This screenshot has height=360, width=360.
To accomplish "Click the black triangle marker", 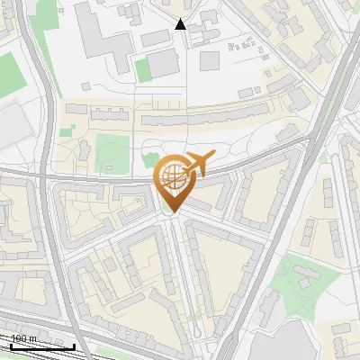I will coord(180,24).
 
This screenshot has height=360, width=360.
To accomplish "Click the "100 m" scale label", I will coord(23,338).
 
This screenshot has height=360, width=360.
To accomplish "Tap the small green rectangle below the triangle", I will coord(142,68).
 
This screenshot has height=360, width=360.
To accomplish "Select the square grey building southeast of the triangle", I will coord(210,60).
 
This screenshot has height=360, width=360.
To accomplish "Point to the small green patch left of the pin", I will coord(149,161).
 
